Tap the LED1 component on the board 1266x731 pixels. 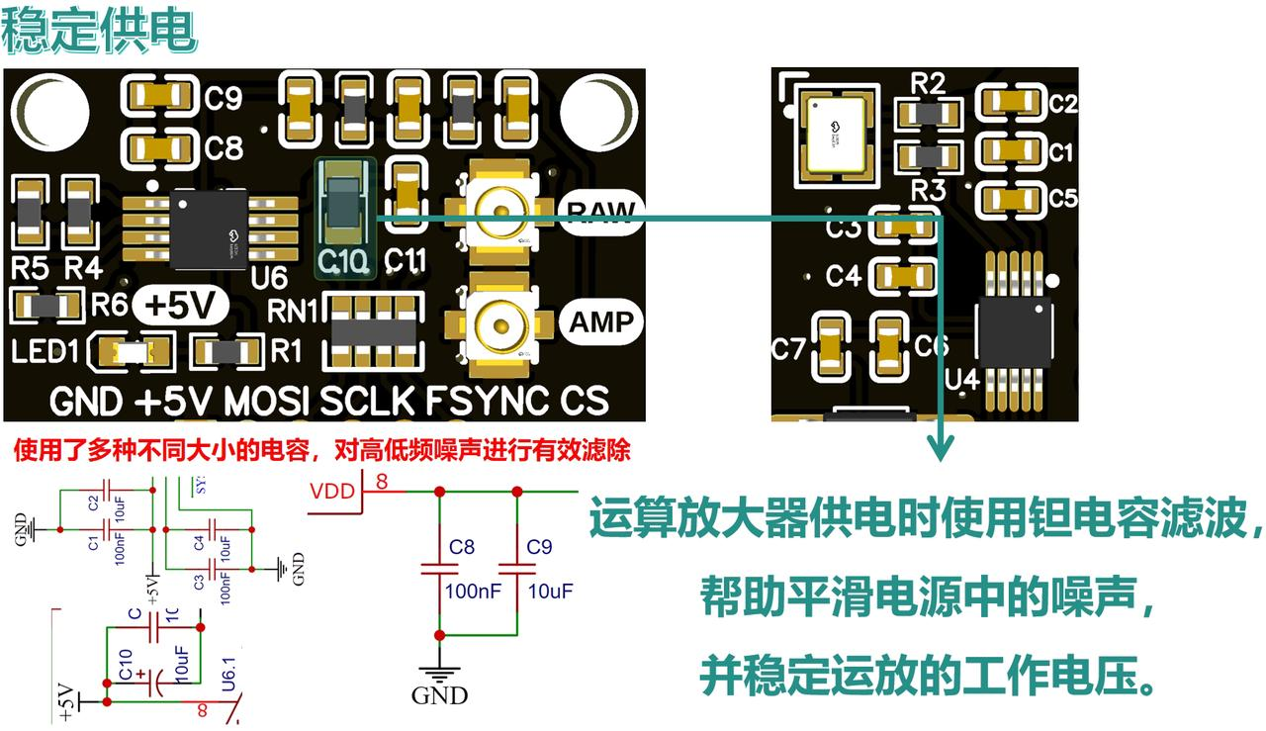[131, 351]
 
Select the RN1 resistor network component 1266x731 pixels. [375, 329]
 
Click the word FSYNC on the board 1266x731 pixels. [486, 401]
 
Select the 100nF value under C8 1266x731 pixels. [473, 591]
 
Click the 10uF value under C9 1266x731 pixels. [550, 591]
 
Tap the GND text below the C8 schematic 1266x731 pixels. [439, 695]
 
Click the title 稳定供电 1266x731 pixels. [99, 33]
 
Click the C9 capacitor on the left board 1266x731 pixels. [159, 97]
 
